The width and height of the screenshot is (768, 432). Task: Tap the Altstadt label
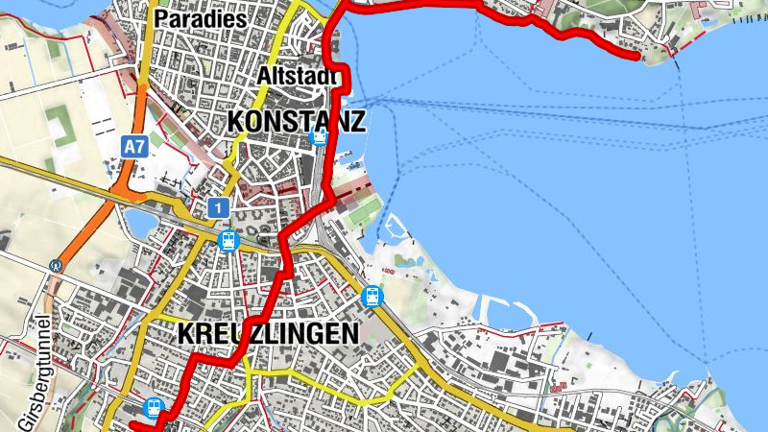tap(298, 76)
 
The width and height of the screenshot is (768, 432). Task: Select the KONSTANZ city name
tap(297, 122)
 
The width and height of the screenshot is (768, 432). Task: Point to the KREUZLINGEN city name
tap(268, 333)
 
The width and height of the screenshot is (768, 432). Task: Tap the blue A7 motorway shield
tap(135, 147)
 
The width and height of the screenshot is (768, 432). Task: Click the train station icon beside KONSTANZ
tap(320, 136)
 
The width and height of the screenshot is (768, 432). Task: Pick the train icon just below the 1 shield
tap(228, 240)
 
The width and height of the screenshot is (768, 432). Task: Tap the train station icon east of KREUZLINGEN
tap(372, 297)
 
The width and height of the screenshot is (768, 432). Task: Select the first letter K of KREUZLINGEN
tap(186, 333)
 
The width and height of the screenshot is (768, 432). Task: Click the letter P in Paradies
tap(162, 19)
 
